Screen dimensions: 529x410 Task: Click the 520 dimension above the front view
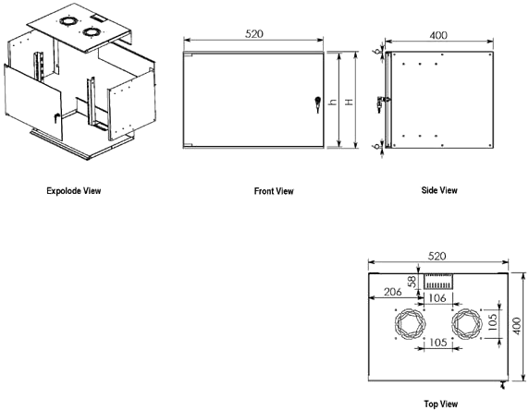coord(254,33)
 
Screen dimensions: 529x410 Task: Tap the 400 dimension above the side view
coord(438,35)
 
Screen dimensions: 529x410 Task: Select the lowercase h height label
coord(333,102)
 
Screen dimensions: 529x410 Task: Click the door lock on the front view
coord(317,104)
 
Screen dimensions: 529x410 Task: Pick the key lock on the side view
coord(381,102)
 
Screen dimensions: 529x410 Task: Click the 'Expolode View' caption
coord(74,191)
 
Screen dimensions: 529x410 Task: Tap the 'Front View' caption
coord(274,191)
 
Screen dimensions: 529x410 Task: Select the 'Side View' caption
coord(439,190)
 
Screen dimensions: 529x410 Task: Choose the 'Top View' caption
coord(441,404)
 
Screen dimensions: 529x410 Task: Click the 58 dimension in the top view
coord(412,282)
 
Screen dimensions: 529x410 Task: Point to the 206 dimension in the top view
coord(393,292)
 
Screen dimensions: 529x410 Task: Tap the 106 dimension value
coord(437,298)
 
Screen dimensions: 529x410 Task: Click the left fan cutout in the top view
coord(410,323)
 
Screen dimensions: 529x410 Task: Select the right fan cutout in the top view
coord(467,323)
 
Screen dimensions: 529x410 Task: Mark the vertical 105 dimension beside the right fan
coord(493,322)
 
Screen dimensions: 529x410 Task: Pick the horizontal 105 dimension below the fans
coord(438,343)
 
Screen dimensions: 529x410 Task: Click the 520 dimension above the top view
coord(437,256)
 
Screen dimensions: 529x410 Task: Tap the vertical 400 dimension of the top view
coord(517,326)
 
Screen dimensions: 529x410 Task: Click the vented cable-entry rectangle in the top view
coord(438,282)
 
